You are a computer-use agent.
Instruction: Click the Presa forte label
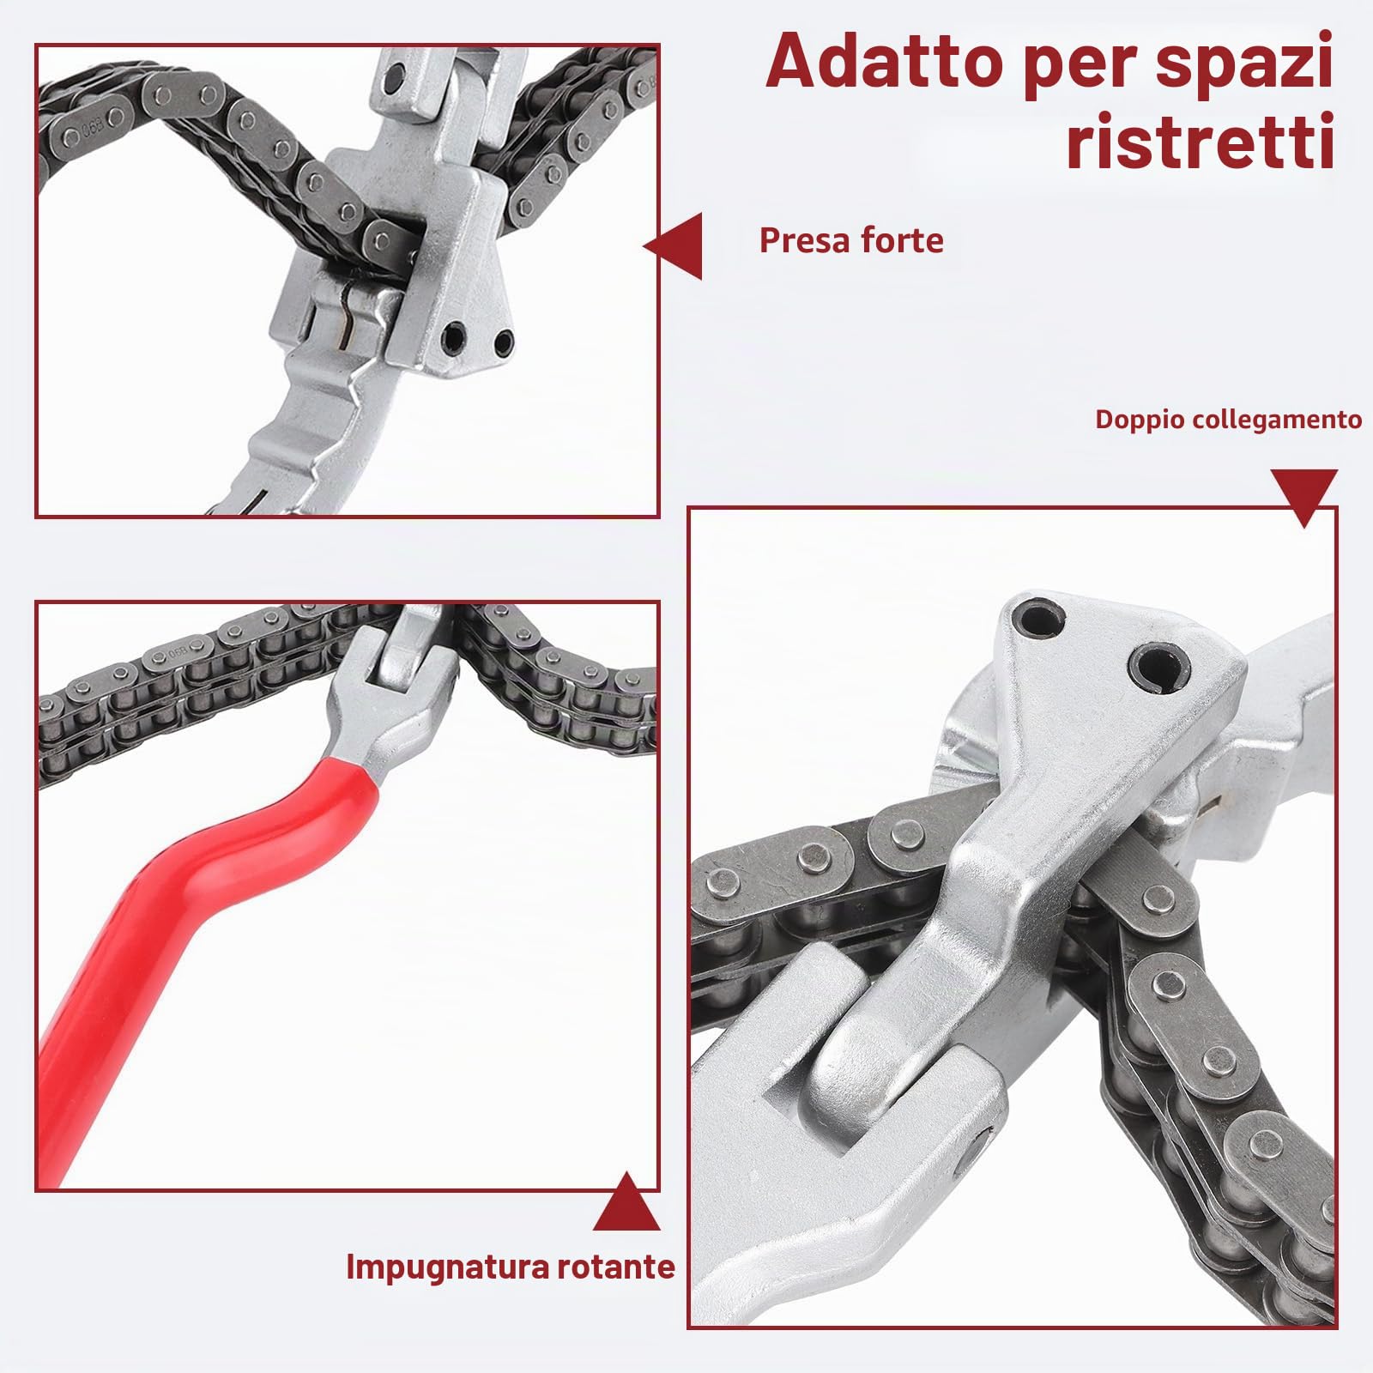pos(851,241)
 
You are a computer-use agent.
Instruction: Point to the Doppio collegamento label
pos(1228,420)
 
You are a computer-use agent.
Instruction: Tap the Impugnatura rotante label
pos(511,1267)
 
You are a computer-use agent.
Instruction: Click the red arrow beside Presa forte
pos(673,247)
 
